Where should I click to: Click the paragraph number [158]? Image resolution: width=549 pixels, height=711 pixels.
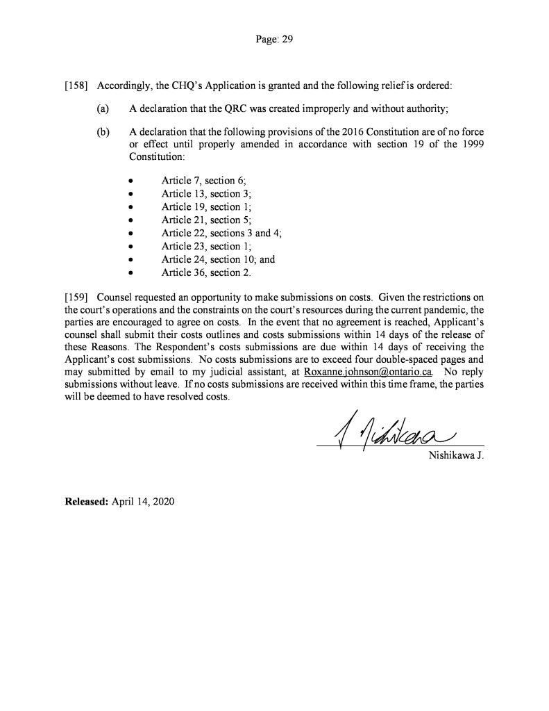tap(76, 86)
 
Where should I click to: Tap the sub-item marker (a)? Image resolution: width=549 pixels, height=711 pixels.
tap(103, 108)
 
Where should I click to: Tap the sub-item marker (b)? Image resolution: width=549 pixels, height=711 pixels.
tap(103, 131)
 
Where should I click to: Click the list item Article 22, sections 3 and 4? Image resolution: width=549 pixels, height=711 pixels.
tap(221, 234)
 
